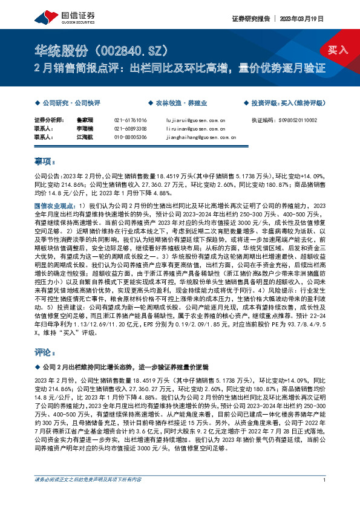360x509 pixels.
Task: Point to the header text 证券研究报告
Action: (x=250, y=19)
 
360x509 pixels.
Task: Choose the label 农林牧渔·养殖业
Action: (x=172, y=103)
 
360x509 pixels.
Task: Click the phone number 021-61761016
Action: (x=130, y=120)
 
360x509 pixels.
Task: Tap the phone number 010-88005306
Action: (x=130, y=137)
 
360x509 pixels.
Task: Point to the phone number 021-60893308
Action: (x=130, y=129)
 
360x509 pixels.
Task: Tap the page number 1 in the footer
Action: (x=325, y=497)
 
